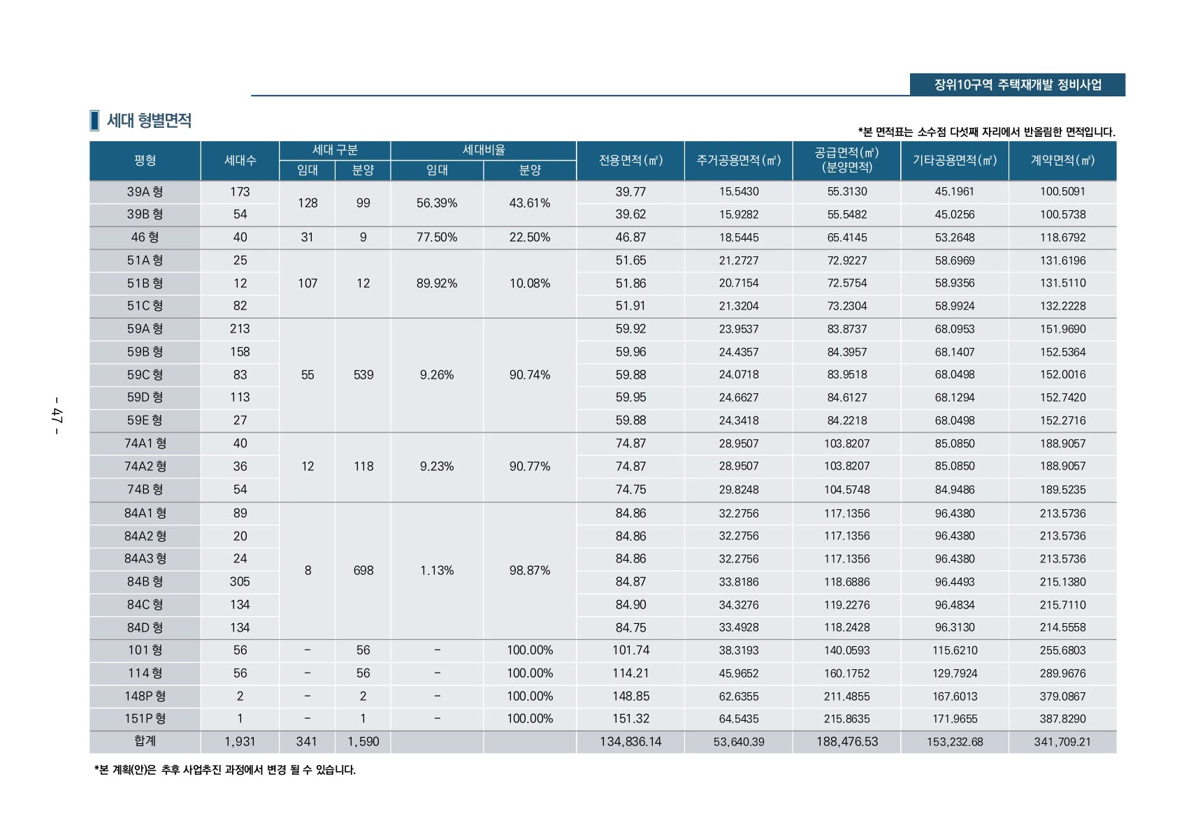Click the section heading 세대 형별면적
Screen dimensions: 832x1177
pos(148,120)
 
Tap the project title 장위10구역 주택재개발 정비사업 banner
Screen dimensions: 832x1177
pos(1017,85)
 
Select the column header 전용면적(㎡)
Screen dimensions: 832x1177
pos(630,161)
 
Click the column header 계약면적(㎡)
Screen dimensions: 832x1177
pos(1062,161)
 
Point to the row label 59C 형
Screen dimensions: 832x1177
pos(145,374)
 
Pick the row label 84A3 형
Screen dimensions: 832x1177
pos(145,558)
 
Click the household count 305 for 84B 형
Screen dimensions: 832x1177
pos(240,581)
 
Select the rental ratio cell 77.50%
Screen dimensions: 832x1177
pos(437,238)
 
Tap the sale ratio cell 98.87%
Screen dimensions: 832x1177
pos(530,570)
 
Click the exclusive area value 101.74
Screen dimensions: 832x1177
pos(630,650)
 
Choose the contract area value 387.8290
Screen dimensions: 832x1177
pos(1062,718)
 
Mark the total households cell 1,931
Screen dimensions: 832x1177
pos(240,741)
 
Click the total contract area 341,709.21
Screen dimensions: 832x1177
pos(1062,741)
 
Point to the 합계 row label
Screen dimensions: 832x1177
pos(145,741)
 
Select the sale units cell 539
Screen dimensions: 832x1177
pos(363,374)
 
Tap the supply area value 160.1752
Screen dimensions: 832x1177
pos(846,673)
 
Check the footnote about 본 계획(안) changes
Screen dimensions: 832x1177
pos(225,770)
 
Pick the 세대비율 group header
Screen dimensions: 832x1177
pos(484,150)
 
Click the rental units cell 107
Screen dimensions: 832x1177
pos(308,283)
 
